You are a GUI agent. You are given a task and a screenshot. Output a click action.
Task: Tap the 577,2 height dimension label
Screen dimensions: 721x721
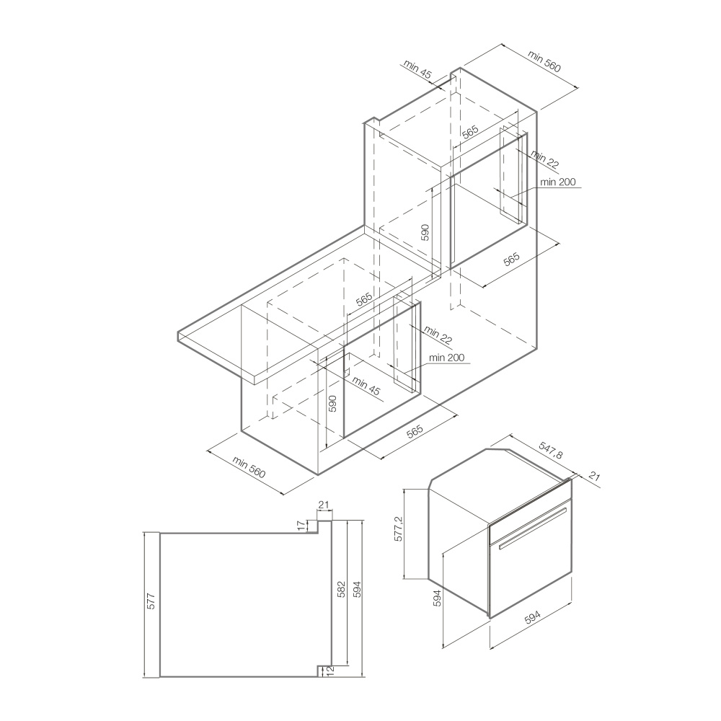point(399,528)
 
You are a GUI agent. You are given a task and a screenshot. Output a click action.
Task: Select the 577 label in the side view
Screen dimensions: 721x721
point(151,601)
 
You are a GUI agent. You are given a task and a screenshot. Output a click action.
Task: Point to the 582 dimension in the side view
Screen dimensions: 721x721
point(342,590)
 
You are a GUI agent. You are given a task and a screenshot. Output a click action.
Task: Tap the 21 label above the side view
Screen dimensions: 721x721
point(324,505)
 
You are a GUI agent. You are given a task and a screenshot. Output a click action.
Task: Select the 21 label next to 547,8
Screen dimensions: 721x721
point(594,476)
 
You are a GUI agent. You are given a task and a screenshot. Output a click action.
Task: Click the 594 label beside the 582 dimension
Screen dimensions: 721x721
point(358,590)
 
